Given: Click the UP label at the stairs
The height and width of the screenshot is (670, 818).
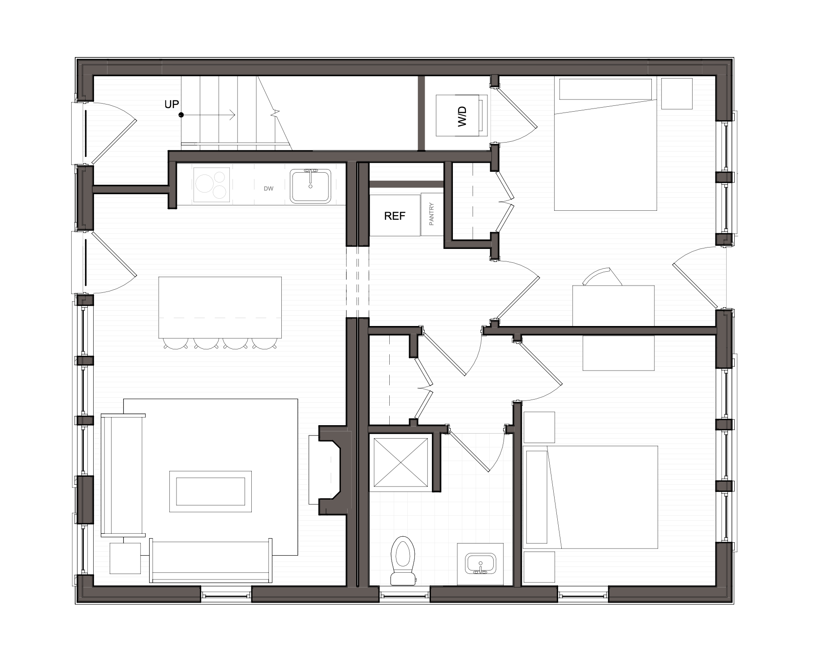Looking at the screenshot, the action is pos(172,104).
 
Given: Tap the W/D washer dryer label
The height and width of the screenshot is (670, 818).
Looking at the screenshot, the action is pos(462,116).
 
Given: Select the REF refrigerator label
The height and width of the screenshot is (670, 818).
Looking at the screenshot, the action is pos(395,216).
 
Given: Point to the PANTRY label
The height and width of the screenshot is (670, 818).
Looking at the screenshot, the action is pos(432,214).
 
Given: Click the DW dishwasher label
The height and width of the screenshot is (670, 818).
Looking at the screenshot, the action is pos(268,189).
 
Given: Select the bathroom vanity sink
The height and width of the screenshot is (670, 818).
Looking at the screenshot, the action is pos(481,564).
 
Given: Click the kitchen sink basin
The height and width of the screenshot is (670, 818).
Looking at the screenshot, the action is pos(310,186).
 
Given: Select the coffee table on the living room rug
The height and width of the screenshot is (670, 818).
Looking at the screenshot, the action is pos(210,492).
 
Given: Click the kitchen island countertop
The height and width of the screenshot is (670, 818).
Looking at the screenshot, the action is pos(220,307).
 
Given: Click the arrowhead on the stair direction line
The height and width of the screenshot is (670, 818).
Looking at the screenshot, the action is pos(232,115).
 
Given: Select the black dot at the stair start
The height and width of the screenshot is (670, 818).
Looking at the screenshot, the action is pos(181,115).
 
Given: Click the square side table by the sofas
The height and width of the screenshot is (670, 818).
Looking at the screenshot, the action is pos(125,558).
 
